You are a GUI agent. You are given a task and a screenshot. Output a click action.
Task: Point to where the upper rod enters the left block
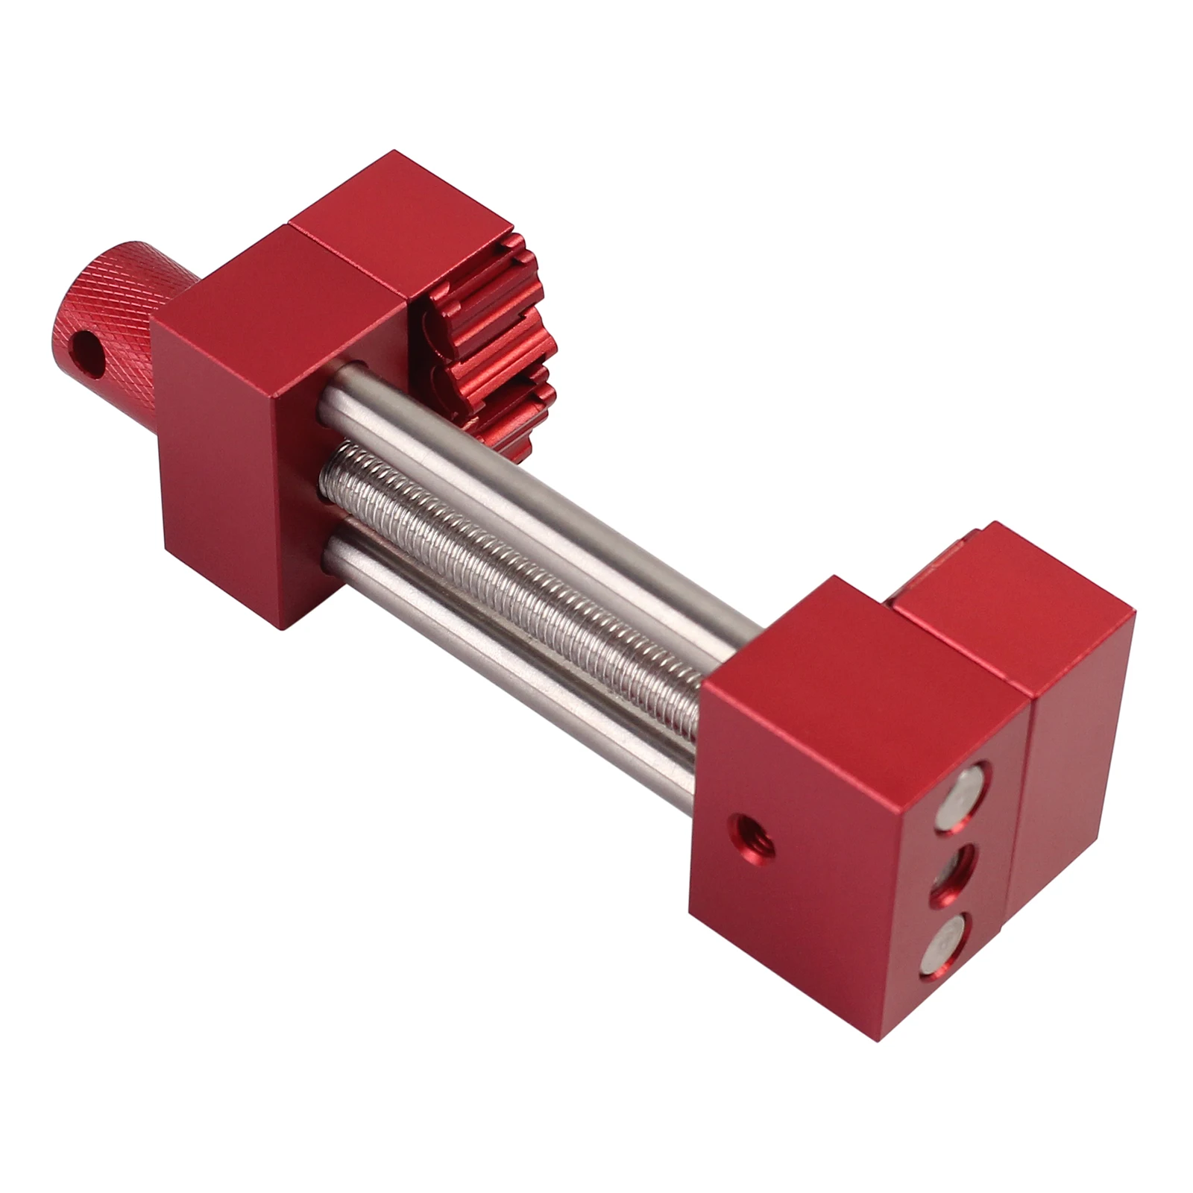[x=336, y=388]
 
